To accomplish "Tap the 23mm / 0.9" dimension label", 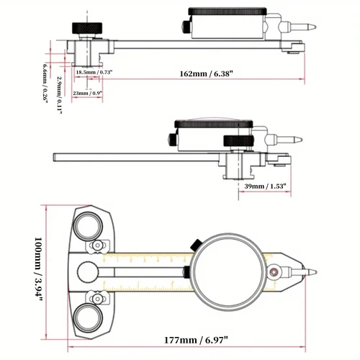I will click(x=90, y=94).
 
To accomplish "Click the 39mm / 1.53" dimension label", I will click(x=266, y=186).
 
